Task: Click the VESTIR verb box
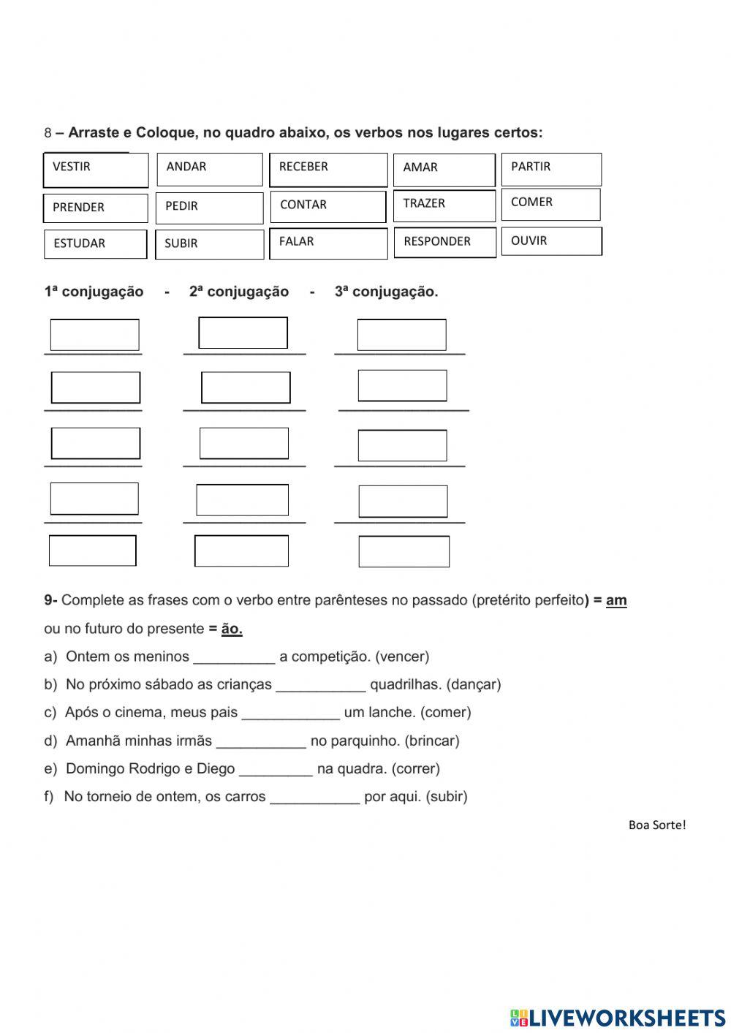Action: point(96,170)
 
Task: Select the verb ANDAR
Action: point(209,170)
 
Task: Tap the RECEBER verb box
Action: point(328,170)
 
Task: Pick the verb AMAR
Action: point(444,170)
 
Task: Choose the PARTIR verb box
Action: point(551,169)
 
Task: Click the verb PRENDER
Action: point(95,208)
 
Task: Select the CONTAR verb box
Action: point(327,206)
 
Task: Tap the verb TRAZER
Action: point(444,205)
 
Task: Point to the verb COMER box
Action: point(550,205)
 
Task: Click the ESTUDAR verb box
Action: point(95,244)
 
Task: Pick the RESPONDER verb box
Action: point(444,242)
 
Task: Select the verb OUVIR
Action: point(551,241)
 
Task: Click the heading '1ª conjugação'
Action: point(94,292)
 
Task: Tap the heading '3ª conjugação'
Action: point(386,292)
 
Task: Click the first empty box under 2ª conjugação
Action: point(243,333)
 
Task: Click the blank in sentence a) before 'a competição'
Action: point(234,657)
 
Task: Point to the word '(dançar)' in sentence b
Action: point(474,685)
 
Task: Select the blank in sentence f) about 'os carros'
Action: point(314,797)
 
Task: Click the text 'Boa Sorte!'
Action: point(656,825)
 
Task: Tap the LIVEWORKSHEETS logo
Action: point(618,1018)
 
